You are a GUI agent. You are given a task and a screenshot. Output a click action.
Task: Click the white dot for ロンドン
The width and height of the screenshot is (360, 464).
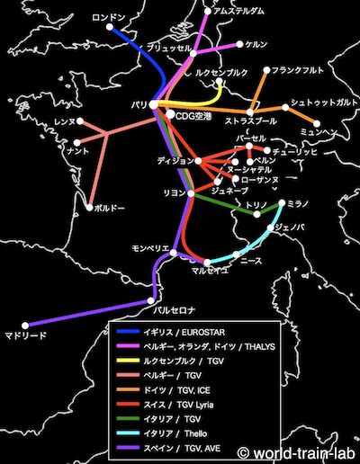click(x=110, y=28)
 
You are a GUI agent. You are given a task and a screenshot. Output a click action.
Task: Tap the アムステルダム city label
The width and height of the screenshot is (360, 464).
click(x=238, y=11)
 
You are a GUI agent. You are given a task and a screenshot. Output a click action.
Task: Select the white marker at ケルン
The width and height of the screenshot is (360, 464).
click(x=238, y=43)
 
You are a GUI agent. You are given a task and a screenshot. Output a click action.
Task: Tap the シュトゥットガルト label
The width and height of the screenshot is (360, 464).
click(x=322, y=103)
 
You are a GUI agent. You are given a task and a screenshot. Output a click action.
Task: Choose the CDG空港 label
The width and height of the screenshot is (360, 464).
click(x=194, y=115)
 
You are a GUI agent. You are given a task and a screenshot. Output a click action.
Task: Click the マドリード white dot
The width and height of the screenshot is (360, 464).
click(x=26, y=325)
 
